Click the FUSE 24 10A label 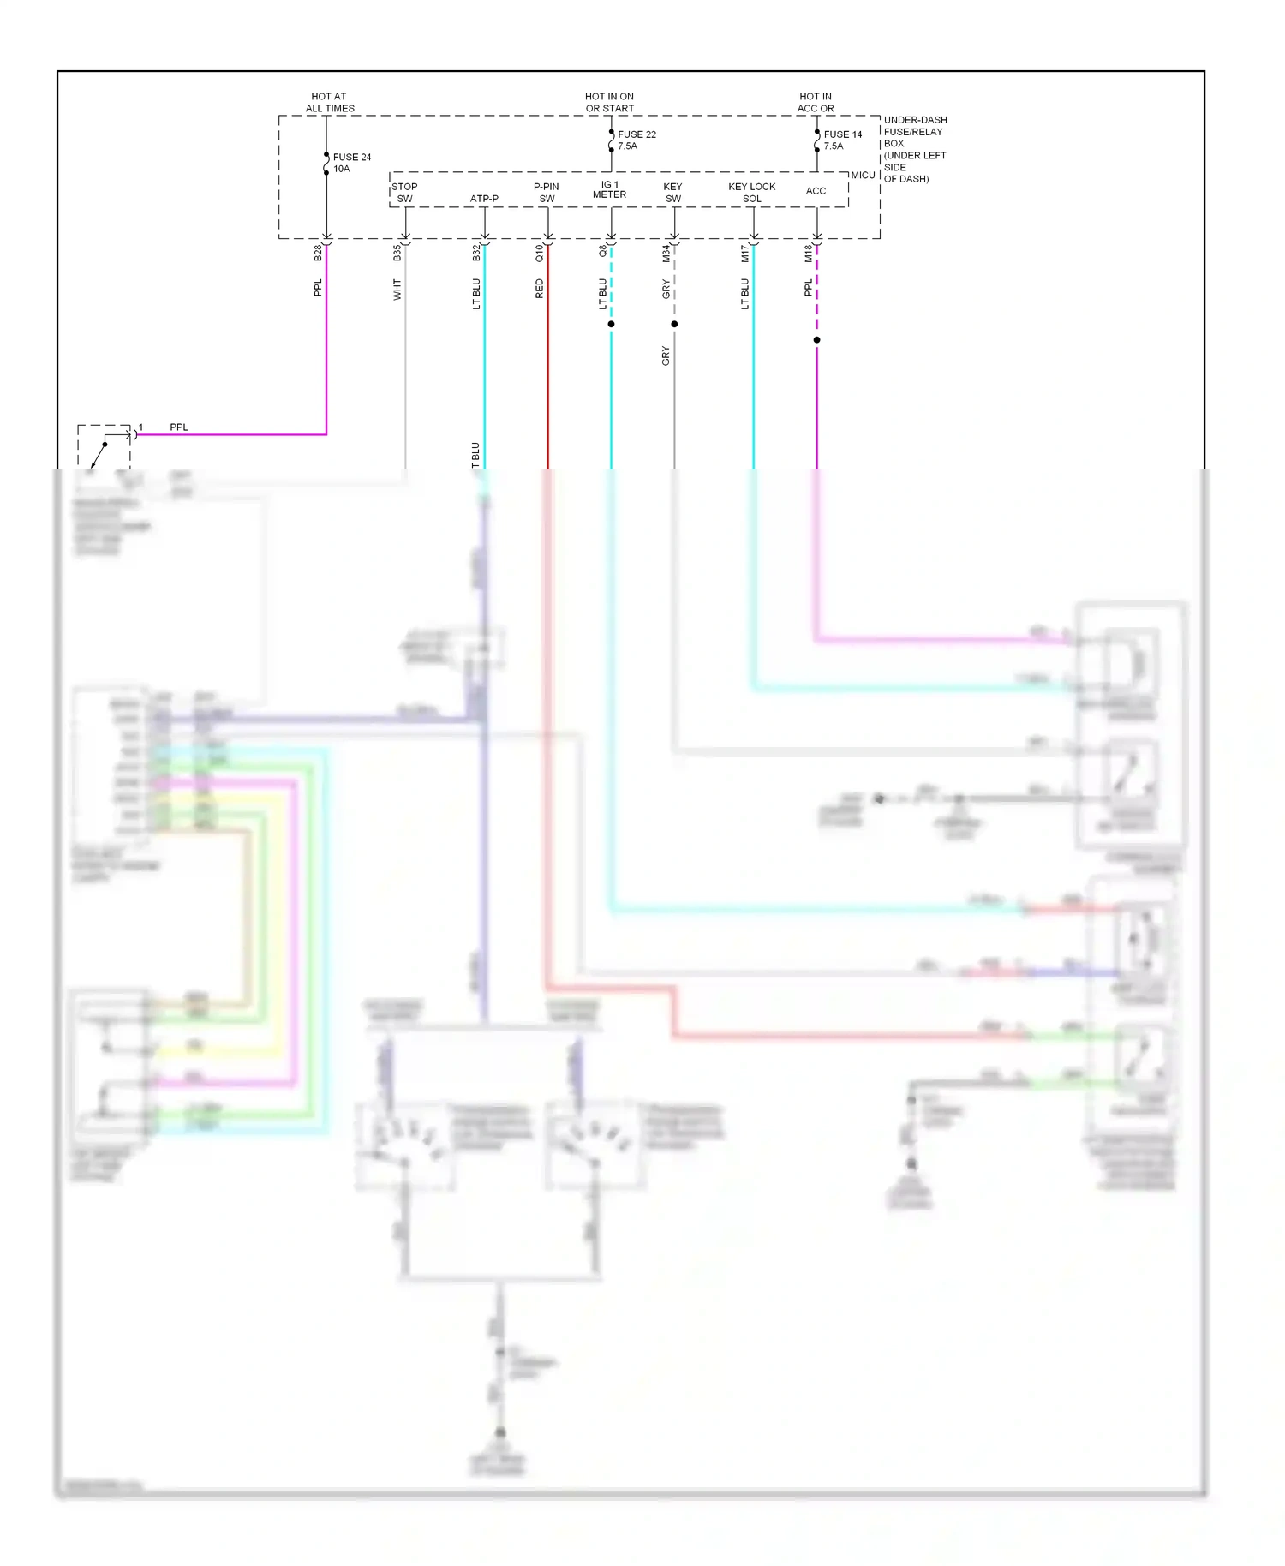pyautogui.click(x=351, y=163)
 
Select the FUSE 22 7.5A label pyautogui.click(x=637, y=140)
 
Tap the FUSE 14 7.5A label pyautogui.click(x=842, y=140)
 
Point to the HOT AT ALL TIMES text pyautogui.click(x=330, y=103)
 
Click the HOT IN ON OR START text pyautogui.click(x=610, y=103)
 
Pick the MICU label pyautogui.click(x=863, y=175)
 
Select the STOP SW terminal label pyautogui.click(x=404, y=193)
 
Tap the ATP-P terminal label pyautogui.click(x=484, y=199)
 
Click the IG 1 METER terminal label pyautogui.click(x=609, y=189)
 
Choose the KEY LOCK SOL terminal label pyautogui.click(x=752, y=193)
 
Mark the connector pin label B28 pyautogui.click(x=318, y=253)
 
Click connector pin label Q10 pyautogui.click(x=539, y=253)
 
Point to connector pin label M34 pyautogui.click(x=666, y=253)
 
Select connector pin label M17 pyautogui.click(x=744, y=253)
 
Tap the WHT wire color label pyautogui.click(x=397, y=290)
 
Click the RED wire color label pyautogui.click(x=539, y=289)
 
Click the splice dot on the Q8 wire pyautogui.click(x=611, y=324)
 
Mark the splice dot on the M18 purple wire pyautogui.click(x=816, y=340)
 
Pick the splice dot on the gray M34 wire pyautogui.click(x=674, y=324)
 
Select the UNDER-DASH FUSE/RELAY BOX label pyautogui.click(x=915, y=149)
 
